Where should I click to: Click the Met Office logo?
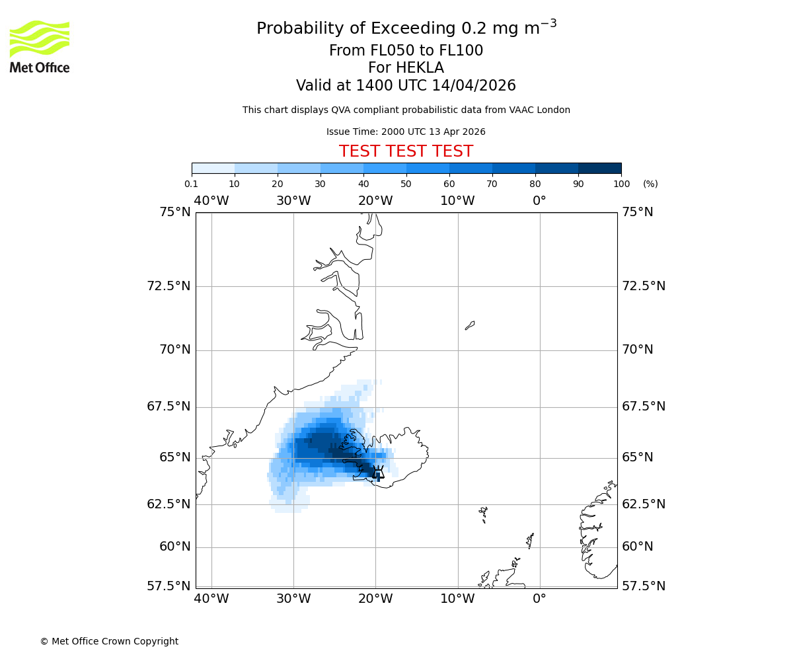click(x=40, y=46)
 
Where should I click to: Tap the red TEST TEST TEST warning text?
click(x=406, y=151)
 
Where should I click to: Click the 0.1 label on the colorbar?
click(x=192, y=184)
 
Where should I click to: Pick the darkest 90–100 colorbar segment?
click(x=599, y=168)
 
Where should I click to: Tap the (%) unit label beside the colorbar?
click(x=650, y=184)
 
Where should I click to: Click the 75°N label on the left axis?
click(x=175, y=212)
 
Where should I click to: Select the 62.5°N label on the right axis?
click(x=644, y=504)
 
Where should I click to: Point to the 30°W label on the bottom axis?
click(x=293, y=599)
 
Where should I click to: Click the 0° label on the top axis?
click(x=540, y=200)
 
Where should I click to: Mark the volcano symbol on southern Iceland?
click(x=378, y=472)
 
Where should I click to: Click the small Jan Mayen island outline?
click(x=470, y=325)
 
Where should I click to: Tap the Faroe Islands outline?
click(x=484, y=514)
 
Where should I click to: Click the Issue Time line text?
click(x=406, y=132)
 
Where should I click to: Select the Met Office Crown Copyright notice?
click(x=109, y=641)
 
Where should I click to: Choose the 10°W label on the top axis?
click(x=457, y=200)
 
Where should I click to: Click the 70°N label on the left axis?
click(x=175, y=350)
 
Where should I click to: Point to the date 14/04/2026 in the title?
click(x=474, y=86)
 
